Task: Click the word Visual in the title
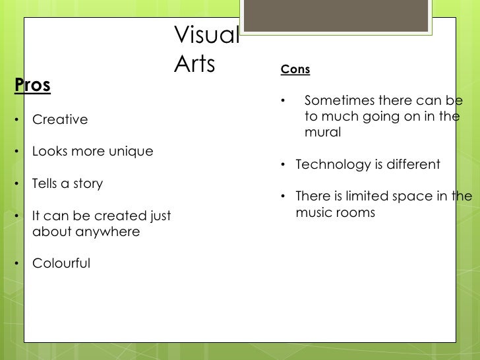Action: click(206, 36)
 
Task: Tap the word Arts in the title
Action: click(196, 64)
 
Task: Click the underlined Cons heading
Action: click(295, 69)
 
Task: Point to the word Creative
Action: click(60, 120)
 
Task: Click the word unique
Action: click(131, 152)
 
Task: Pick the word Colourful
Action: click(61, 264)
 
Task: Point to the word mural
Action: click(322, 133)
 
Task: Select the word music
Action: click(314, 212)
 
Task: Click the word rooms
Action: click(356, 212)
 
